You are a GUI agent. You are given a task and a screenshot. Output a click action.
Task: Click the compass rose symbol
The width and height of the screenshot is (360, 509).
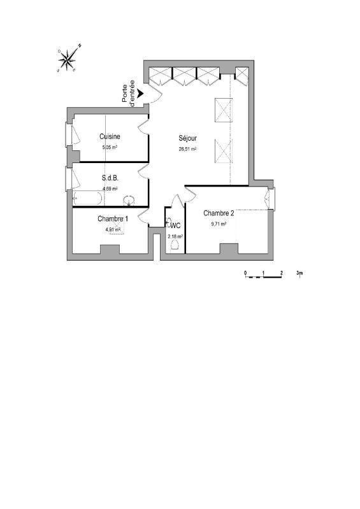point(68,59)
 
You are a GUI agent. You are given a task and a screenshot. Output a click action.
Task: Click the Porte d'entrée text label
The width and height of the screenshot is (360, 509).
point(129,92)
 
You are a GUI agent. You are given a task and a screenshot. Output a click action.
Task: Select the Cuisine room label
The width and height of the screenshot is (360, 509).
point(110,136)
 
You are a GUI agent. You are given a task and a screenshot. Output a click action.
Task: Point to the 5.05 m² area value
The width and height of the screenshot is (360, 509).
point(110,147)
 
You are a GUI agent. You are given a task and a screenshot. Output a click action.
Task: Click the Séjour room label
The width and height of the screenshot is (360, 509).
point(187,139)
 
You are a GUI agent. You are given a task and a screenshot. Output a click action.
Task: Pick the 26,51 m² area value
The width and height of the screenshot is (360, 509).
point(187,149)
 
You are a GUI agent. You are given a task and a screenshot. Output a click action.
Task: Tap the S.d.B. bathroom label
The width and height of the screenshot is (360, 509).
point(110,178)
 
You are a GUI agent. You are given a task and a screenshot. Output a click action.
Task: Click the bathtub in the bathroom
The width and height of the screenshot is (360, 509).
point(88,199)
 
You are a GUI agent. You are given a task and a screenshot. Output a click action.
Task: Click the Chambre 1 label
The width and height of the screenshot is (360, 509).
point(113,219)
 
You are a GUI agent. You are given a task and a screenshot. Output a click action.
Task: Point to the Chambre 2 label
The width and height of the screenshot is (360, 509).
point(219,213)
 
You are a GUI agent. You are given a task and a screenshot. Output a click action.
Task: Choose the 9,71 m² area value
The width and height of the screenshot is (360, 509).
point(219,224)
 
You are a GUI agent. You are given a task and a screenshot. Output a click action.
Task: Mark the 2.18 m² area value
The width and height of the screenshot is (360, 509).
point(175,236)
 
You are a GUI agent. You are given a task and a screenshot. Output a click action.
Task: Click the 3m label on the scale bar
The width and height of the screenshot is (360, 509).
point(299,272)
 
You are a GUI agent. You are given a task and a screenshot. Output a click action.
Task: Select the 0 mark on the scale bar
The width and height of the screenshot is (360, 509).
point(245,272)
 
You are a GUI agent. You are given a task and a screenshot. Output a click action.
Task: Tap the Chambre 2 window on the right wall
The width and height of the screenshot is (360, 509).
point(271,199)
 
